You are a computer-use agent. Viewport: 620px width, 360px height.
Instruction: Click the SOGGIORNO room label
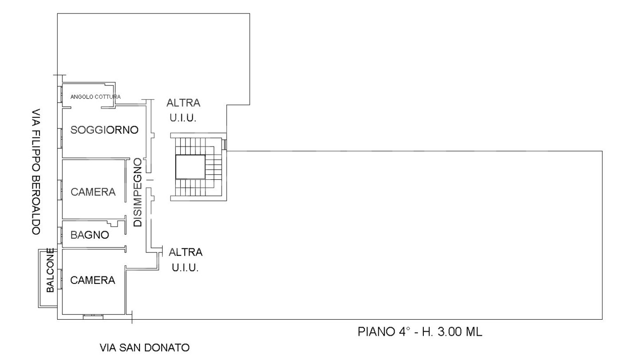click(x=105, y=130)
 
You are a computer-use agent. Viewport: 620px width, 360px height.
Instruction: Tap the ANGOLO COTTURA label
click(x=96, y=97)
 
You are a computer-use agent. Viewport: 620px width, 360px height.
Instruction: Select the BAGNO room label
click(x=89, y=235)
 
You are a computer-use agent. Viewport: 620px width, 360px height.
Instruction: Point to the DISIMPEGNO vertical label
click(x=138, y=192)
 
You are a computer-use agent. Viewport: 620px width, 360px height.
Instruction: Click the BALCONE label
click(x=50, y=271)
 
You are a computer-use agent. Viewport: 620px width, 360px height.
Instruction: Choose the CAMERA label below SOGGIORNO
click(x=93, y=192)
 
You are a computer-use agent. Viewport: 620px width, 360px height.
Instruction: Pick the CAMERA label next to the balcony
click(x=93, y=280)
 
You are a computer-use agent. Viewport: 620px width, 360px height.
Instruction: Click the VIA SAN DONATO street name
click(x=144, y=348)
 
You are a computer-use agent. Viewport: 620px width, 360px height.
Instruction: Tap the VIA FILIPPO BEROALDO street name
click(x=36, y=171)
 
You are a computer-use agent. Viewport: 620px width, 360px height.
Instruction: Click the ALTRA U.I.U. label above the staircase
click(x=183, y=110)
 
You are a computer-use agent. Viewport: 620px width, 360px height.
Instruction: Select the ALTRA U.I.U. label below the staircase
click(x=186, y=260)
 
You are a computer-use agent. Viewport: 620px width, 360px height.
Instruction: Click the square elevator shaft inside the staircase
click(x=190, y=167)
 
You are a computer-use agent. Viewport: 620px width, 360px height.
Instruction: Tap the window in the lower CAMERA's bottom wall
click(x=93, y=317)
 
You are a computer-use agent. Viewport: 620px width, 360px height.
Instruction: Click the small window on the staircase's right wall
click(x=225, y=144)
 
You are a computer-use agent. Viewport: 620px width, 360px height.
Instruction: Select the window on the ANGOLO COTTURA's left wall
click(x=59, y=94)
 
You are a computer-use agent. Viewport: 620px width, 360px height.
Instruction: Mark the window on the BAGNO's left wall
click(x=59, y=235)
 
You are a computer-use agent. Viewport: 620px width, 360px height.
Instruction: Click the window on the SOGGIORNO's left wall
click(x=59, y=138)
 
